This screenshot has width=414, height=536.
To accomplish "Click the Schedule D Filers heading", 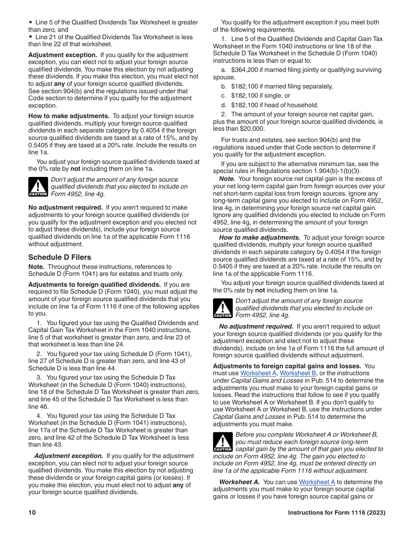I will click(60, 257).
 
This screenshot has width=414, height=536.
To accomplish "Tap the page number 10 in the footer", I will click(32, 513).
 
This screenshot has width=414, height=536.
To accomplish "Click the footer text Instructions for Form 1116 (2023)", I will click(336, 513).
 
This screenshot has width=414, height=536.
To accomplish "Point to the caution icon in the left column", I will click(38, 187).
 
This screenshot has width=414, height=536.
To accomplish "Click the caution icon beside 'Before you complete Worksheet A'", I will click(223, 442).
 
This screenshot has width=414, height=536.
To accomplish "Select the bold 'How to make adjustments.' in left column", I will click(69, 116).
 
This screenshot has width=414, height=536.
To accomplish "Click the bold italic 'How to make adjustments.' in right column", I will click(259, 237).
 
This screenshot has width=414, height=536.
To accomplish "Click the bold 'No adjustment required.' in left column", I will click(65, 207).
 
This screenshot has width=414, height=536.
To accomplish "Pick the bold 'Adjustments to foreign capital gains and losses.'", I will click(287, 366).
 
